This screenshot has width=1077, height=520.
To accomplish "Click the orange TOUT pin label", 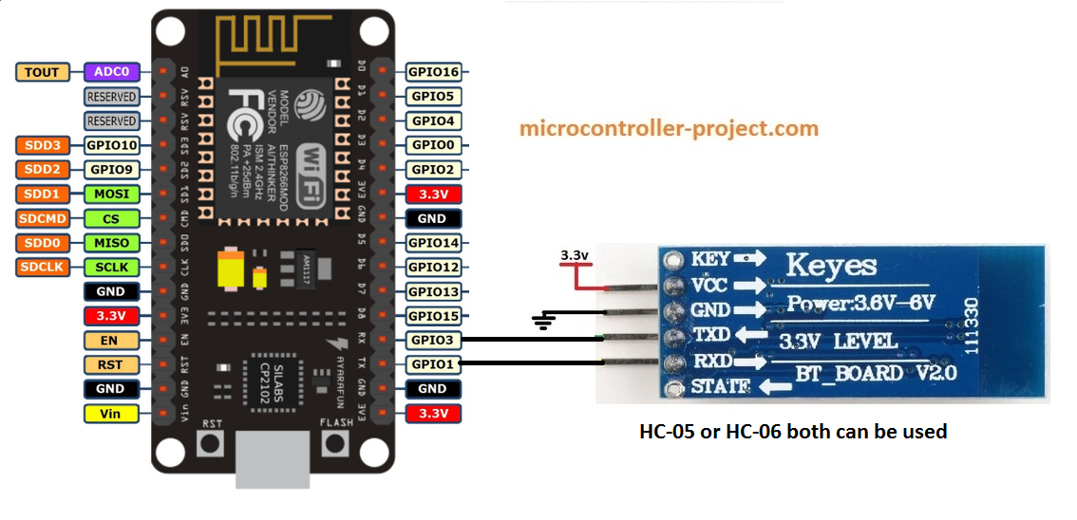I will click(x=42, y=71).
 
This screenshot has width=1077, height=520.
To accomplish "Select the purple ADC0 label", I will click(x=112, y=71).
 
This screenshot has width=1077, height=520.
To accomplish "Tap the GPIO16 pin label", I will click(x=433, y=71).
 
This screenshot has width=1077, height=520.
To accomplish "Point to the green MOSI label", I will click(x=112, y=194).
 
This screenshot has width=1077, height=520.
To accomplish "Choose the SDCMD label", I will click(x=42, y=218).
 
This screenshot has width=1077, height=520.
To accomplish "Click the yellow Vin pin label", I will click(x=112, y=413).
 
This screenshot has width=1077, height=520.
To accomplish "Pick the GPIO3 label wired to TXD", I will click(x=433, y=340).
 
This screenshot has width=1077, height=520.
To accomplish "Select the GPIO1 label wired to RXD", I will click(x=433, y=363).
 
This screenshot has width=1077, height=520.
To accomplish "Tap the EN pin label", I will click(x=112, y=340).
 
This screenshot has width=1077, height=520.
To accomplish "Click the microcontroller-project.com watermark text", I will click(x=670, y=127).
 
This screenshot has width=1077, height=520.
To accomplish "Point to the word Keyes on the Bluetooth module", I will click(x=831, y=264).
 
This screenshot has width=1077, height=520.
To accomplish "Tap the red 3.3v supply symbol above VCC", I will click(x=574, y=270).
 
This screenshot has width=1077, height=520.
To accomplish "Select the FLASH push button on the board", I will click(x=334, y=442).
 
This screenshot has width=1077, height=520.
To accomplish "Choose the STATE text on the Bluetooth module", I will click(x=719, y=387).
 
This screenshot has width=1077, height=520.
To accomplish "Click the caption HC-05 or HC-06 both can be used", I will click(x=793, y=432).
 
